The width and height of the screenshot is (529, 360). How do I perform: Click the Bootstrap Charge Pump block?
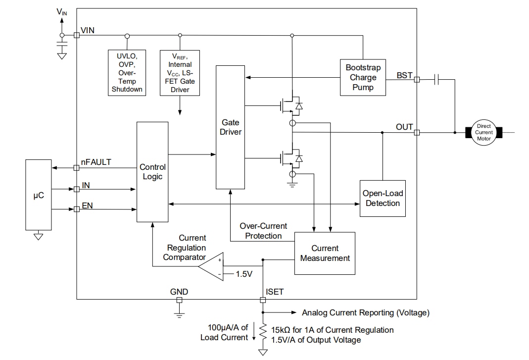[x=363, y=77]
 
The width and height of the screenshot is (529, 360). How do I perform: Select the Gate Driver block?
[x=230, y=127]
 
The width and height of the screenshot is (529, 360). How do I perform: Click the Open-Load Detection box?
[x=382, y=198]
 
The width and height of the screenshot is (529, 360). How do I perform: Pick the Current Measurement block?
[x=325, y=253]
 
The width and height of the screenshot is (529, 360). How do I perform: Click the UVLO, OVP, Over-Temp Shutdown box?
[x=127, y=72]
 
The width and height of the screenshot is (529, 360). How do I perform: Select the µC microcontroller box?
[x=38, y=195]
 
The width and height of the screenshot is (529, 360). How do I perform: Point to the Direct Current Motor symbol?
[x=483, y=132]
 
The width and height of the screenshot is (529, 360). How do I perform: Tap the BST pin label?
[x=404, y=75]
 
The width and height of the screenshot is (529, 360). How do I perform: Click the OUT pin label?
[x=404, y=127]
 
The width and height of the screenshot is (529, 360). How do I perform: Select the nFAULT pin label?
[x=96, y=162]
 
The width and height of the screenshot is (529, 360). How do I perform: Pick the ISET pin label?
[x=275, y=292]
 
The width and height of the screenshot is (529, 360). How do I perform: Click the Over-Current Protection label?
[x=263, y=231]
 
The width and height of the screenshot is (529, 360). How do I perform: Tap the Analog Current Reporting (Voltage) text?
[x=366, y=312]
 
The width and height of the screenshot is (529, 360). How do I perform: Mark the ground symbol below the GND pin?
[x=179, y=313]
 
